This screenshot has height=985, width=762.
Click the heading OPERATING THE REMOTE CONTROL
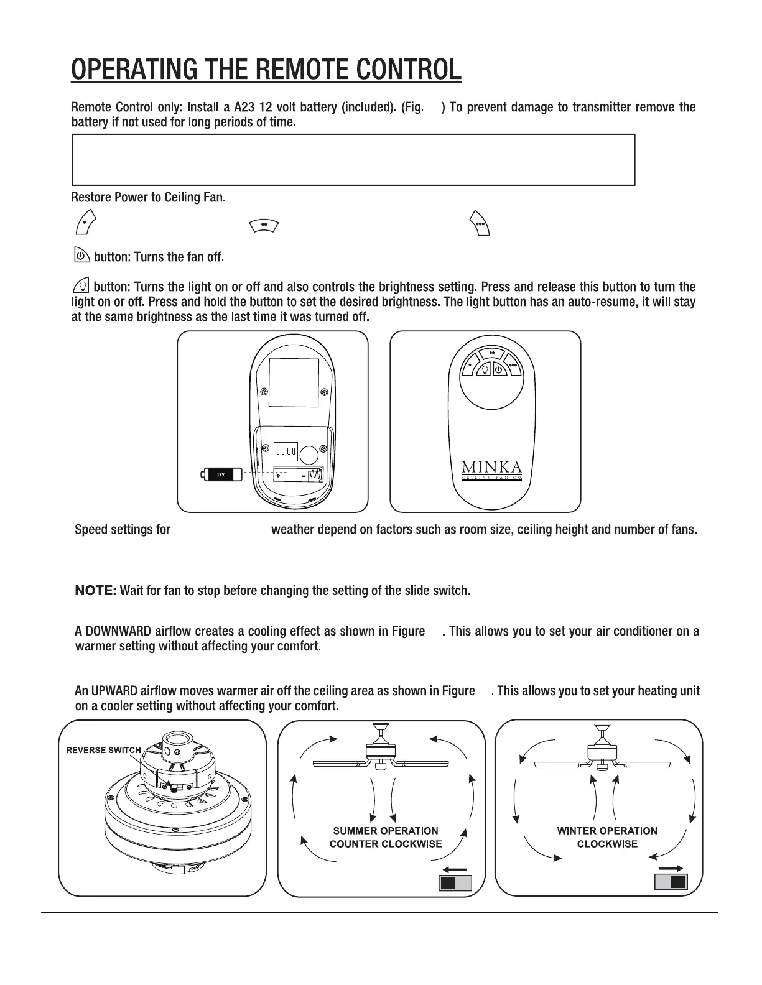click(x=266, y=70)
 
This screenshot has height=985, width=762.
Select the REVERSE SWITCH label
click(x=103, y=750)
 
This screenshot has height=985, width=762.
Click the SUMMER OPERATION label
click(x=386, y=831)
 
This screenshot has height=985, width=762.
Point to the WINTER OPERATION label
click(x=607, y=831)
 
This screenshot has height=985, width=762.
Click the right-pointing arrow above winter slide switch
click(x=671, y=868)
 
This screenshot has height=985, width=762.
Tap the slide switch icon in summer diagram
click(x=455, y=883)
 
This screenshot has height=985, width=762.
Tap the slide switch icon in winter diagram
click(x=671, y=882)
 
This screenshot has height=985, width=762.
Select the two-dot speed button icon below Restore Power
click(x=263, y=224)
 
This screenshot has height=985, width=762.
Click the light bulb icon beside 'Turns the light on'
click(x=81, y=286)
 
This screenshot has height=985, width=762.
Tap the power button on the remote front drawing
click(x=499, y=371)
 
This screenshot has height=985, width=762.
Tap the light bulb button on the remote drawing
click(x=485, y=371)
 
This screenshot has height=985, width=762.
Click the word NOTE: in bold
click(x=95, y=590)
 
